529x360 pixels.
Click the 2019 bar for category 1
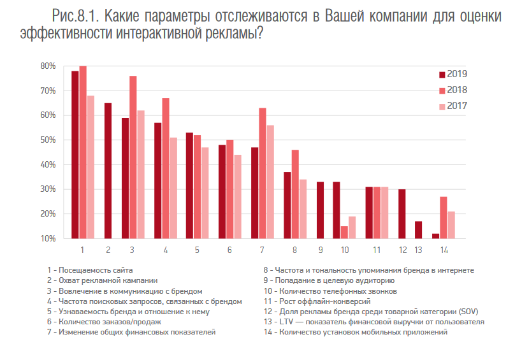pos(75,155)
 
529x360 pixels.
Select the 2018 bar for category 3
pos(133,157)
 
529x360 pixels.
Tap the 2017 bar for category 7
pos(270,182)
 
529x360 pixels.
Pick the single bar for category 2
pos(108,171)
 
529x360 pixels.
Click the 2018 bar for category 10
pos(345,233)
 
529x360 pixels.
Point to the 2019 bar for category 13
pos(418,230)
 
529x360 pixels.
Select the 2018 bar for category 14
pos(444,218)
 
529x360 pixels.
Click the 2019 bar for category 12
pos(402,214)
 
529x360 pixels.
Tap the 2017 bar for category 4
pos(174,188)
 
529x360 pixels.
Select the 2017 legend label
pos(458,106)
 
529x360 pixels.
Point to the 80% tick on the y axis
pos(47,66)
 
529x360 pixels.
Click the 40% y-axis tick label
pos(47,164)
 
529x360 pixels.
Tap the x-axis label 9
pos(321,250)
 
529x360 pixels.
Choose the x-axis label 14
pos(444,250)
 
